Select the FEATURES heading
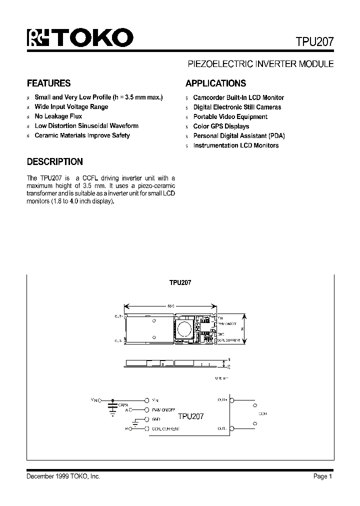point(48,83)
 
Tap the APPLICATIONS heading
point(215,83)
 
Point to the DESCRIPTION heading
point(54,162)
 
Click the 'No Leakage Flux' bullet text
point(58,116)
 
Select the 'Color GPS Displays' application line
point(221,126)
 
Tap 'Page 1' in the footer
point(323,476)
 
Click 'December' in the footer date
point(39,476)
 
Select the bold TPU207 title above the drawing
point(180,282)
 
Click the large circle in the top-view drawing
point(183,328)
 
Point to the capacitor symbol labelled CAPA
point(113,408)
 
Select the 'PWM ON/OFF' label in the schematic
point(163,409)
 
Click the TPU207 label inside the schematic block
point(190,415)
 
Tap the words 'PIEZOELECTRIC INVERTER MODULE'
point(260,64)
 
